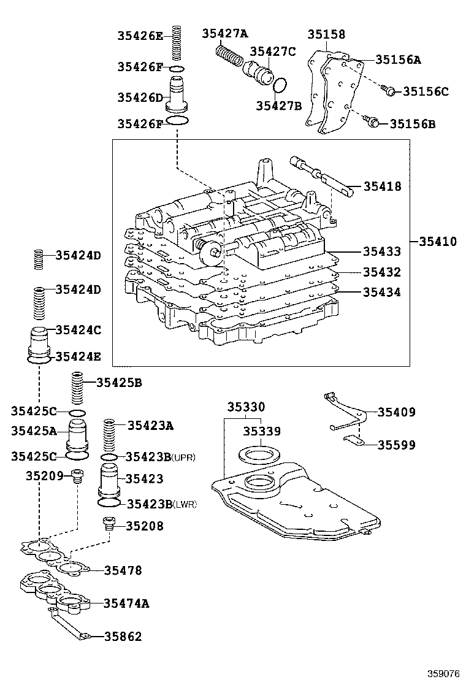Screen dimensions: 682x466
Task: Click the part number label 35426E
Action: [x=140, y=36]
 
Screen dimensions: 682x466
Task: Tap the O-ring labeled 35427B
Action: [x=280, y=85]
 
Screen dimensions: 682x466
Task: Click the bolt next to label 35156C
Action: [x=388, y=91]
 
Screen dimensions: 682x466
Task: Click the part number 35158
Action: [x=326, y=35]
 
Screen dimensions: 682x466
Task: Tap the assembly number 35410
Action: [x=438, y=242]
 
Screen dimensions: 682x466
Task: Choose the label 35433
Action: [x=381, y=251]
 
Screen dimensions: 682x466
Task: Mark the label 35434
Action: [x=381, y=293]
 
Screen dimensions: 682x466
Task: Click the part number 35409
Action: [x=396, y=413]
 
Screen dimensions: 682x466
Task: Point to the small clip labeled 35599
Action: [x=351, y=439]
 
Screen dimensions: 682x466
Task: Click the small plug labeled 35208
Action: [x=109, y=523]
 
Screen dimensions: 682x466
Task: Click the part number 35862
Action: [x=123, y=637]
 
